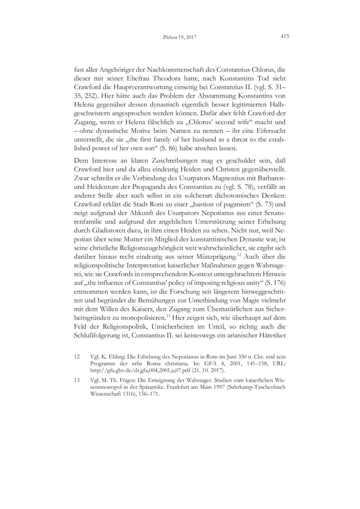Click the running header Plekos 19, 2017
[180, 37]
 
